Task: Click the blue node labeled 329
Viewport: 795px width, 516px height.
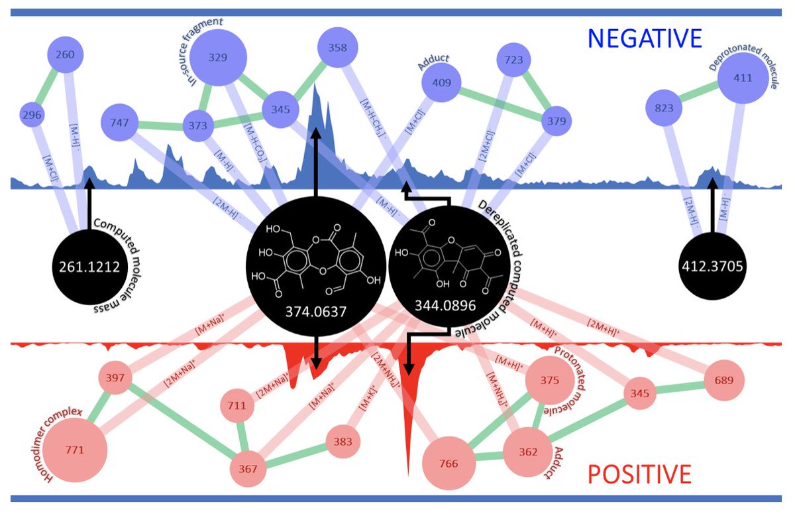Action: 218,58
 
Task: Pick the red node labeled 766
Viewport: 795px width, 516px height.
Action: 449,462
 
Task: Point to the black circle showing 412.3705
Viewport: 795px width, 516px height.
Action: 714,267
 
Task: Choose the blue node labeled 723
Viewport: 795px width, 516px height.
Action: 514,60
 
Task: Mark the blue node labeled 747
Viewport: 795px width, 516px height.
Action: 124,122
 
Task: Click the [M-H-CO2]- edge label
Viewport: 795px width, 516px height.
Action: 256,140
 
